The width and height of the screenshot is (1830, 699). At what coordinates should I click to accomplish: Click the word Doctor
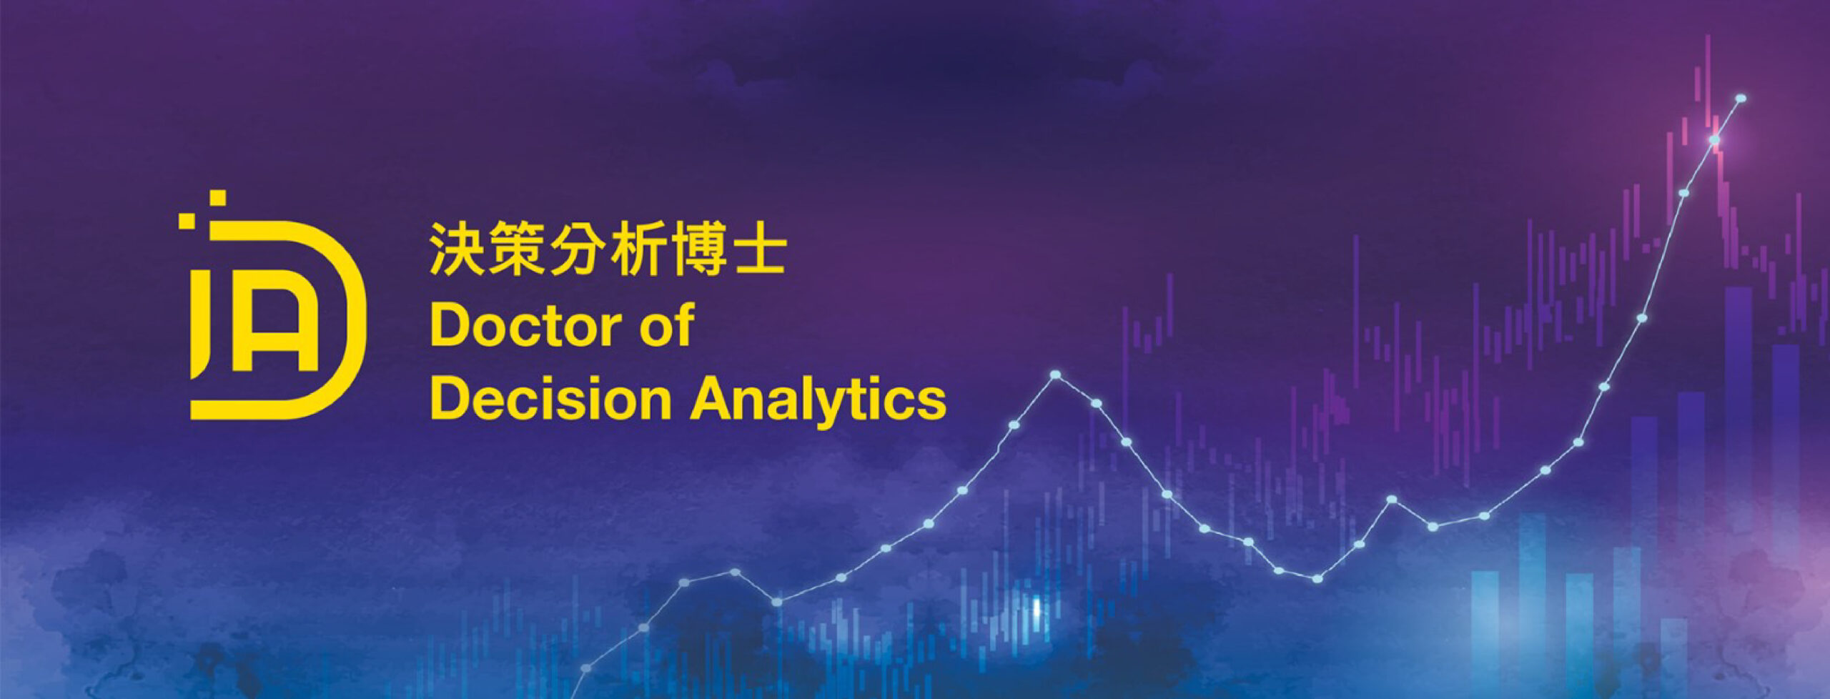525,326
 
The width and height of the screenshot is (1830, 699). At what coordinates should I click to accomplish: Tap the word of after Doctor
667,324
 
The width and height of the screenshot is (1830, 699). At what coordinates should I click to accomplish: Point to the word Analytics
818,402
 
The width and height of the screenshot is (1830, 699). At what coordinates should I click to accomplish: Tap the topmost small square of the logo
217,198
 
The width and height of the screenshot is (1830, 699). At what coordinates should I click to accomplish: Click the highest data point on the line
1741,98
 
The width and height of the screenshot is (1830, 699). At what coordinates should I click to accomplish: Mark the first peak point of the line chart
1055,375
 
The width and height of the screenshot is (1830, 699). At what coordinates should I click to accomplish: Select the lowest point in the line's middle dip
1317,578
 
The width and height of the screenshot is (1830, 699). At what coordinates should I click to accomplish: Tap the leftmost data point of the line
586,668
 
